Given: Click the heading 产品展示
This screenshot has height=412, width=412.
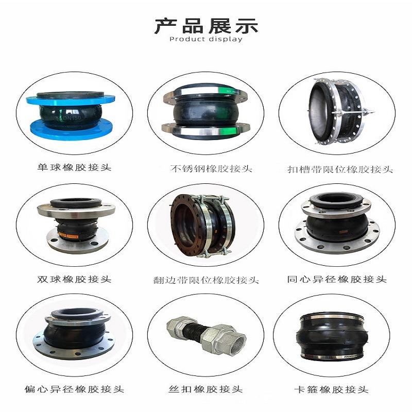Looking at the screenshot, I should [206, 25].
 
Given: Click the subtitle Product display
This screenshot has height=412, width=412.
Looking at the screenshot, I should [206, 40].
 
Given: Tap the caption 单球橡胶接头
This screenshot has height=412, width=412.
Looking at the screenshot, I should [74, 168].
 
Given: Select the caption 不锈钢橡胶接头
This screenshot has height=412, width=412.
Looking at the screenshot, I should [206, 168].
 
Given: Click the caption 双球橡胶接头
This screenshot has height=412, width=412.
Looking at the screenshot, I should [74, 279].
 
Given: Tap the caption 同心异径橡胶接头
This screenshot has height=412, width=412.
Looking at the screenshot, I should [337, 279].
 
